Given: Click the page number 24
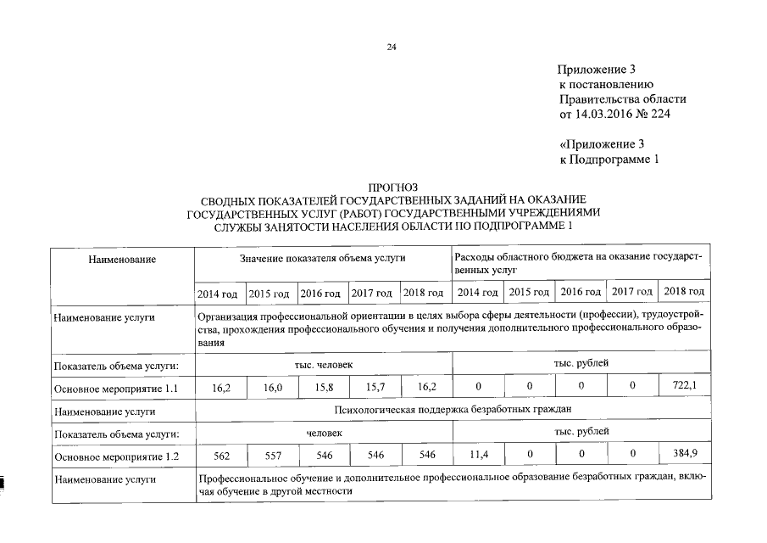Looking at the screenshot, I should (x=392, y=48).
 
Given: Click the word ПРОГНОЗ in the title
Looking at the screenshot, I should (x=392, y=187).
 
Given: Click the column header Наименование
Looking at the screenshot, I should (x=122, y=257).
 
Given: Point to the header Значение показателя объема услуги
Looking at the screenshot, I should (x=323, y=257).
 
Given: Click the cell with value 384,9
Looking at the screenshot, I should (x=685, y=455).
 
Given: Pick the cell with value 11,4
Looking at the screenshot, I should (x=479, y=455).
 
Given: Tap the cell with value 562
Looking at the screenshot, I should (x=221, y=455).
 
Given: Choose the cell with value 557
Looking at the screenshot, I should (x=273, y=455).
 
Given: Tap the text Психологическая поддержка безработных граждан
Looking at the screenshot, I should (x=452, y=411).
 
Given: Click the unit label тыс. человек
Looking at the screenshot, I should (x=323, y=364).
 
